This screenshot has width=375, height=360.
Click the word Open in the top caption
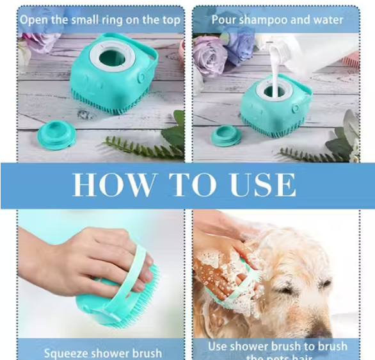pyautogui.click(x=34, y=19)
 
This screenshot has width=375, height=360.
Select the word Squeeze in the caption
pyautogui.click(x=67, y=353)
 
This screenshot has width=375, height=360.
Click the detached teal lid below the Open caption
pyautogui.click(x=56, y=135)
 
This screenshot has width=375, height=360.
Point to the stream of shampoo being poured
pyautogui.click(x=275, y=70)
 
